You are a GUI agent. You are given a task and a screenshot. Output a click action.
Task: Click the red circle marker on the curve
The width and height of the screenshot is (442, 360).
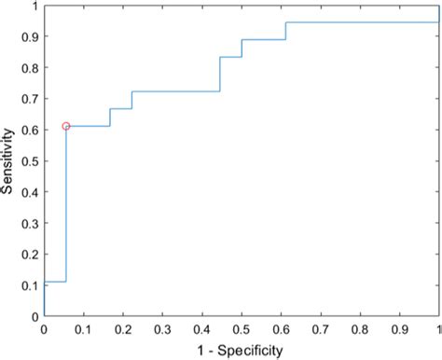pyautogui.click(x=66, y=126)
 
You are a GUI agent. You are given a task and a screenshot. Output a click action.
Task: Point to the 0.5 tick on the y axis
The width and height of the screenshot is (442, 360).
pyautogui.click(x=30, y=161)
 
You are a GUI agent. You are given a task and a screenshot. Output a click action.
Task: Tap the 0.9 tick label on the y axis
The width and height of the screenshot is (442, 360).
pyautogui.click(x=30, y=37)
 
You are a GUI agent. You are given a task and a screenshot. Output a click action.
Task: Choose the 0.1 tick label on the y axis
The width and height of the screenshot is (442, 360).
pyautogui.click(x=30, y=286)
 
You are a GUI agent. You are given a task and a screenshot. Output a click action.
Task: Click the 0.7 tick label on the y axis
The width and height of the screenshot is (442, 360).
pyautogui.click(x=30, y=99)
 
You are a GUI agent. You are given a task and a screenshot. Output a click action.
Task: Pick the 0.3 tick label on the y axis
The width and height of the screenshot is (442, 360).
pyautogui.click(x=30, y=224)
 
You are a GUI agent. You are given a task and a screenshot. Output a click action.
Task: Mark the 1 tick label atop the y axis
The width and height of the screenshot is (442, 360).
pyautogui.click(x=35, y=7)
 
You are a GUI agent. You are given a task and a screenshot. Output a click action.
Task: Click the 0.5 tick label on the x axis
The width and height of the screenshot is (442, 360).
pyautogui.click(x=242, y=329)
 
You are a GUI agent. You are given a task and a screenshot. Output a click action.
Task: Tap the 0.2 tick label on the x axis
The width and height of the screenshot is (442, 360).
pyautogui.click(x=123, y=329)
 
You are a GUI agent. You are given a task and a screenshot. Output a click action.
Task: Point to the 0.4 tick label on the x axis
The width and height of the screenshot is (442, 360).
pyautogui.click(x=202, y=329)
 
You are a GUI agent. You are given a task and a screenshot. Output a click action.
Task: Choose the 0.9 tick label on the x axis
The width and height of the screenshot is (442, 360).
pyautogui.click(x=400, y=329)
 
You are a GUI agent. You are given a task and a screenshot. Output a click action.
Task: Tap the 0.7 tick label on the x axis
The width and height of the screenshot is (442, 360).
pyautogui.click(x=321, y=329)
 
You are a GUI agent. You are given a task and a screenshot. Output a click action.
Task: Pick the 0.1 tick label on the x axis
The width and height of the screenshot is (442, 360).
pyautogui.click(x=83, y=329)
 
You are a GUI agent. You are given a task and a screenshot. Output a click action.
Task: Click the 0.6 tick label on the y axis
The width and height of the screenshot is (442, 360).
pyautogui.click(x=30, y=131)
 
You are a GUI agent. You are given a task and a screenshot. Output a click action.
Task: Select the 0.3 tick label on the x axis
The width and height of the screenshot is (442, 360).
pyautogui.click(x=162, y=329)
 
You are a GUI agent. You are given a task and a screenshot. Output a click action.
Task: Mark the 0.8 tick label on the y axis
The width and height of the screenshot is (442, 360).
pyautogui.click(x=30, y=68)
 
